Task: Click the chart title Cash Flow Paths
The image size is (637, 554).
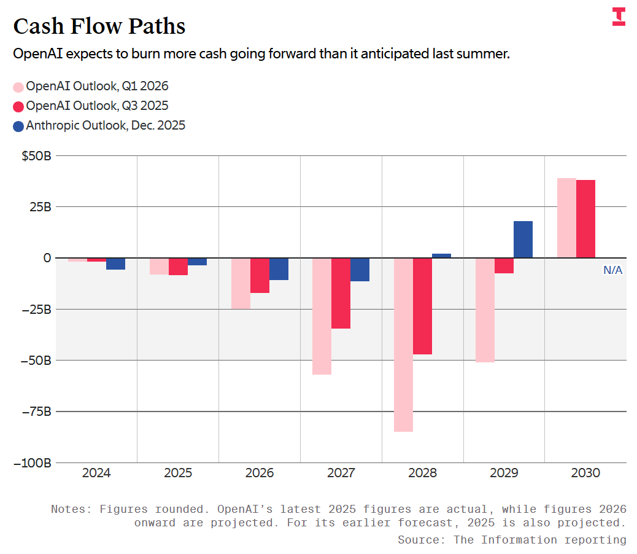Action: (x=99, y=26)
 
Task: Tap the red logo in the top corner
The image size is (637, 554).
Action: (x=619, y=17)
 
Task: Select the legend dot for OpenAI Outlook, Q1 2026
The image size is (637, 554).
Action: (x=18, y=87)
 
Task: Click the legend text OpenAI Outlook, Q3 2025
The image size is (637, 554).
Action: (x=97, y=106)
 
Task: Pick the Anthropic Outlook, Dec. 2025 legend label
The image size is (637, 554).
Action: (x=106, y=125)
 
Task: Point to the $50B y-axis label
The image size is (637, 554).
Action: (x=36, y=156)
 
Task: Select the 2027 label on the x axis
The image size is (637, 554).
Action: (x=341, y=474)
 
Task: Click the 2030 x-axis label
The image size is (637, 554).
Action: (x=585, y=474)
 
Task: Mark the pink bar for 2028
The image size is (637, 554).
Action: (x=403, y=345)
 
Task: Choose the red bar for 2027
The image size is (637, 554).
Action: (x=341, y=293)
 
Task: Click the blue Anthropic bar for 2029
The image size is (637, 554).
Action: (x=523, y=240)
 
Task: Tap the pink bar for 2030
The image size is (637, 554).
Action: (x=566, y=218)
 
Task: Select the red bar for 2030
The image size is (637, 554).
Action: (x=585, y=219)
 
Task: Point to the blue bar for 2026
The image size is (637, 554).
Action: (x=279, y=269)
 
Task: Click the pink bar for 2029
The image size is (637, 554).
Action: (x=485, y=310)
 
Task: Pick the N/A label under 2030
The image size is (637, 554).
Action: (x=612, y=270)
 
